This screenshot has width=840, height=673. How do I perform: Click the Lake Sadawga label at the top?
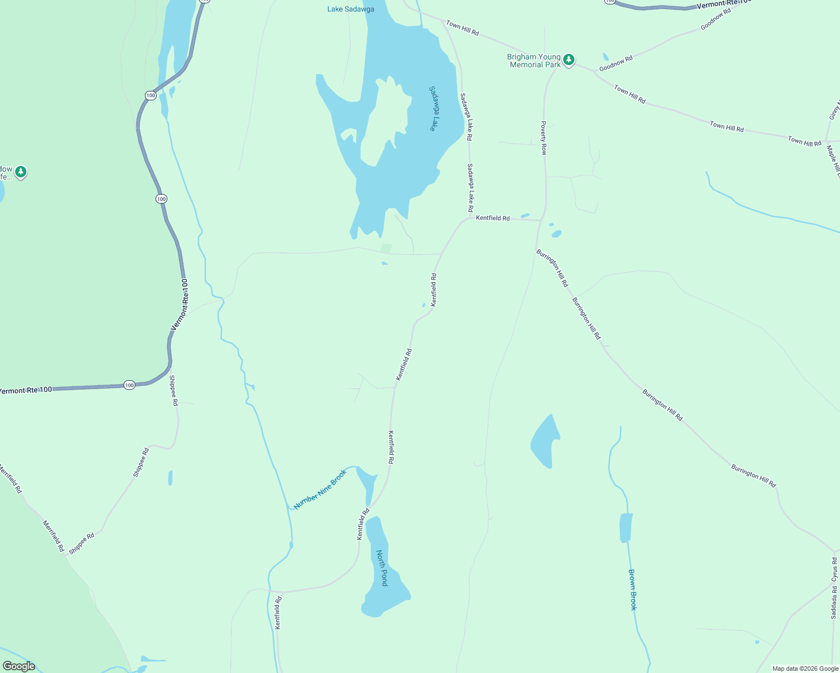351,9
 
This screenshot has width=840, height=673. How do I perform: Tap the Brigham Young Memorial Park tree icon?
569,59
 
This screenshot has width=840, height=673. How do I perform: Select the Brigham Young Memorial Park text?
533,61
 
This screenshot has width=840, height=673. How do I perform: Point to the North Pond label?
382,568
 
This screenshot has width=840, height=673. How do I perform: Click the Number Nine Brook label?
321,489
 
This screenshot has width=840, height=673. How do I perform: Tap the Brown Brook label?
633,589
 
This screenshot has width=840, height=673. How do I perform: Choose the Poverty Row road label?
544,137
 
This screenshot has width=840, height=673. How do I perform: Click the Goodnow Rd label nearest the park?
616,63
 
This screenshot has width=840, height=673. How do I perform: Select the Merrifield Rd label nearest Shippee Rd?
54,536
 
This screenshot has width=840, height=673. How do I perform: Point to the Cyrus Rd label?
834,569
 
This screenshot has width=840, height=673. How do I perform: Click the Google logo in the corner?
19,666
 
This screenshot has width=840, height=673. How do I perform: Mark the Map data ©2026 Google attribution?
805,669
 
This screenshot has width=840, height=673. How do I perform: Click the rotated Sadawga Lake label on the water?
433,108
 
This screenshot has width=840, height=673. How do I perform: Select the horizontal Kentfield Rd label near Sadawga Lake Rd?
492,218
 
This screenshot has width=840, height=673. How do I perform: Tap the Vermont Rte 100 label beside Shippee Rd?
180,304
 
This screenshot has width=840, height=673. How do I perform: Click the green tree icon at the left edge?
21,172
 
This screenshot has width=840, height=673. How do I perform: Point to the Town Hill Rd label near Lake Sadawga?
462,28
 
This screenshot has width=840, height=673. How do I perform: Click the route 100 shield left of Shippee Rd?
129,385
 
